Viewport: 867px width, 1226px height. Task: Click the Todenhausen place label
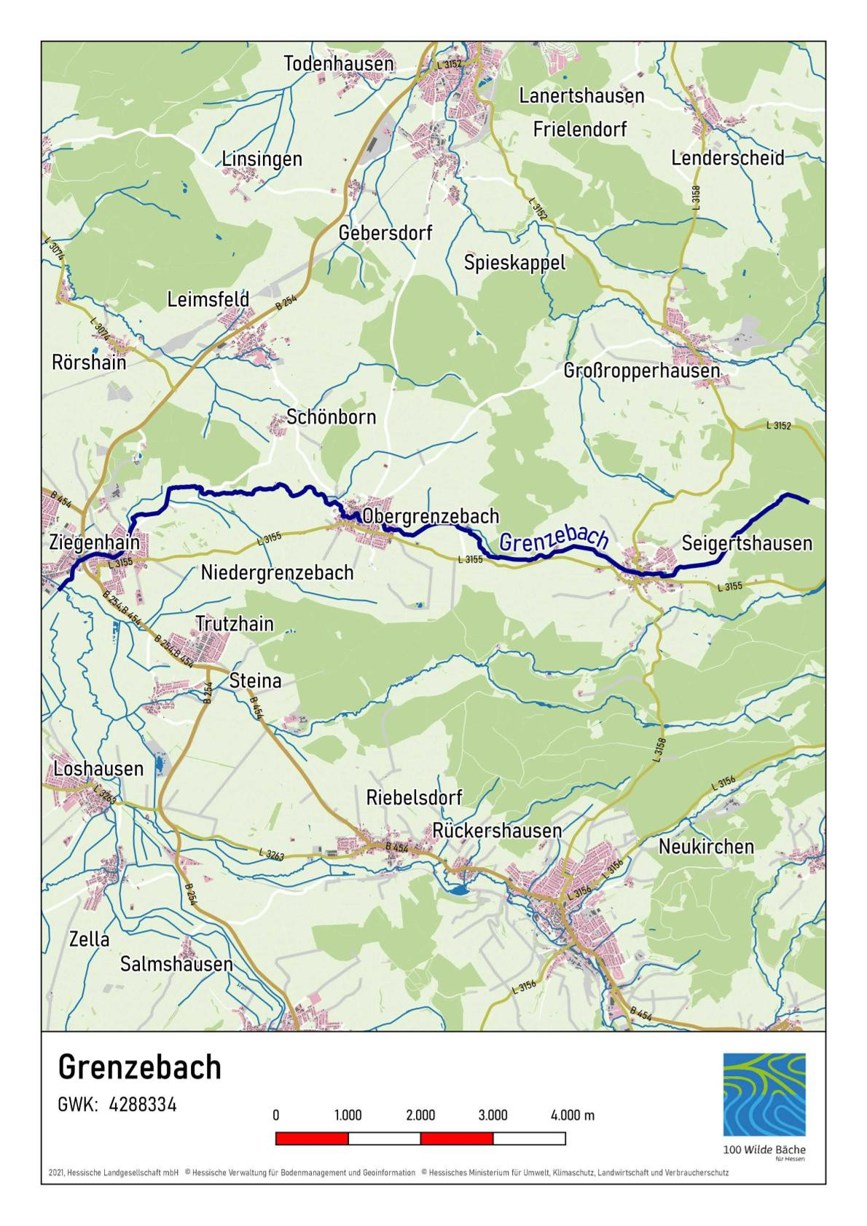pyautogui.click(x=339, y=64)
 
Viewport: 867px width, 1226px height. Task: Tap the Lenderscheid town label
pyautogui.click(x=727, y=158)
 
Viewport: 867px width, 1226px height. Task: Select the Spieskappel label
pyautogui.click(x=514, y=262)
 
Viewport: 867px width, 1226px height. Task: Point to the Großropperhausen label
pyautogui.click(x=642, y=371)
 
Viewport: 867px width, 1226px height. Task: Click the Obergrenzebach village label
pyautogui.click(x=431, y=516)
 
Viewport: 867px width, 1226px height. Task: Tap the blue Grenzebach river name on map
pyautogui.click(x=554, y=539)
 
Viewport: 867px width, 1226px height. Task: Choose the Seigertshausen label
pyautogui.click(x=747, y=543)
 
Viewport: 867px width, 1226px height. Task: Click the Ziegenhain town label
pyautogui.click(x=95, y=542)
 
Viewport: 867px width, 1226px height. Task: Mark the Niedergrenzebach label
pyautogui.click(x=277, y=572)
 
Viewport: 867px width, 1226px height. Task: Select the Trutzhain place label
pyautogui.click(x=235, y=624)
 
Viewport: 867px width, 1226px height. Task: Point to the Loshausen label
pyautogui.click(x=98, y=769)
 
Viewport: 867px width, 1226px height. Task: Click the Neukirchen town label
pyautogui.click(x=706, y=847)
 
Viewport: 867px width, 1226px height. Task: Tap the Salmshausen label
pyautogui.click(x=176, y=964)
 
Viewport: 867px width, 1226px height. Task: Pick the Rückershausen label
pyautogui.click(x=497, y=831)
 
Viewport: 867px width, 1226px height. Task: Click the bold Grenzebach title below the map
pyautogui.click(x=139, y=1067)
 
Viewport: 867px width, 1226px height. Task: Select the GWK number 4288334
pyautogui.click(x=143, y=1104)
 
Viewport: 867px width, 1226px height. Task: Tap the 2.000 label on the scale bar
pyautogui.click(x=420, y=1115)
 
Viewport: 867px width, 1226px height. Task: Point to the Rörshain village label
pyautogui.click(x=89, y=362)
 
